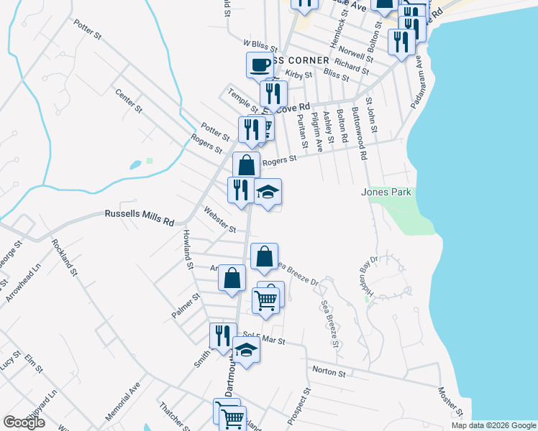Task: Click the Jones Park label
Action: [x=386, y=193]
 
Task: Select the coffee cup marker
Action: [x=260, y=65]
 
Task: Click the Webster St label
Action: [x=219, y=220]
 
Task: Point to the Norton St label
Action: [x=329, y=372]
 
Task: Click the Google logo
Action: [x=24, y=422]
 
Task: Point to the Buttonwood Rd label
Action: [x=359, y=134]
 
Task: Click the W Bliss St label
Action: [x=260, y=45]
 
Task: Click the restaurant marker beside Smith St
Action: [x=223, y=335]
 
